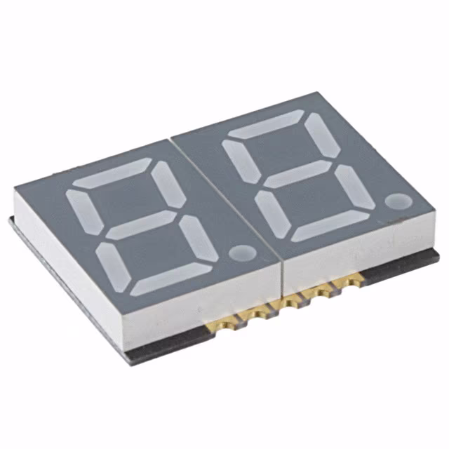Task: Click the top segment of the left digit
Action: (x=112, y=175)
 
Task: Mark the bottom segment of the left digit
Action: (x=171, y=280)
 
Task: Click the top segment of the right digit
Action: (x=264, y=126)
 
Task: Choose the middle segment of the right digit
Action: (x=299, y=174)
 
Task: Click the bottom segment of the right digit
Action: (x=330, y=223)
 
